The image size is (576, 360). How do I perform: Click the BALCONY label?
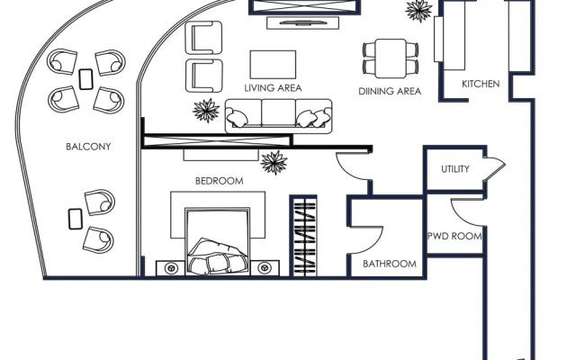88,147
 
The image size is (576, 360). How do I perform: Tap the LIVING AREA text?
272,88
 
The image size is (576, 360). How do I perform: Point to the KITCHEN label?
481,84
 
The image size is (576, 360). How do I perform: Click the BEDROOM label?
220,181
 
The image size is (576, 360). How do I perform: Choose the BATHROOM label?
389,264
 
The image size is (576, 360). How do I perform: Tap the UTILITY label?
454,169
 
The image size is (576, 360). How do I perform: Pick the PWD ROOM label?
454,237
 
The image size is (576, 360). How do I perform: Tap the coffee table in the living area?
273,63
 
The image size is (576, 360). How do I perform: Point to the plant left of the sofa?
206,111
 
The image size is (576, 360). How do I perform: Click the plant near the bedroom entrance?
274,162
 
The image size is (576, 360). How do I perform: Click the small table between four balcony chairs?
86,78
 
